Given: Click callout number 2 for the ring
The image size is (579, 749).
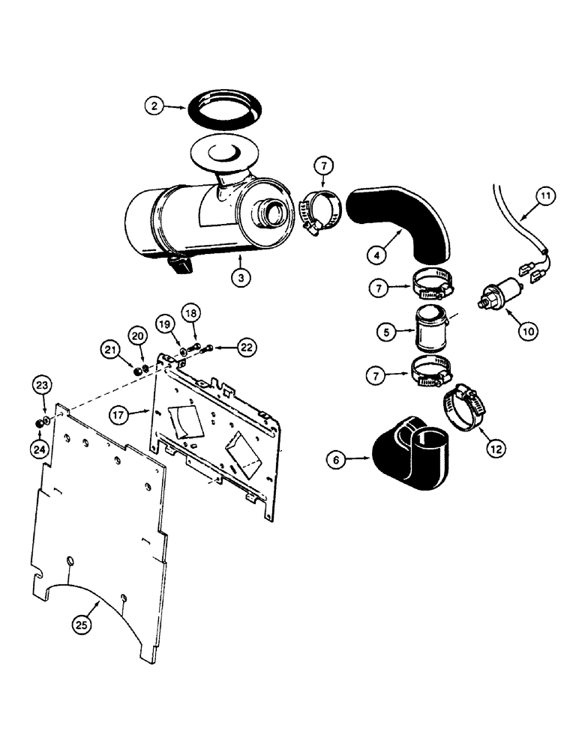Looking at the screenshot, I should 154,107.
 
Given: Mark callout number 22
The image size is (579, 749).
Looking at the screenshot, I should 246,345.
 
